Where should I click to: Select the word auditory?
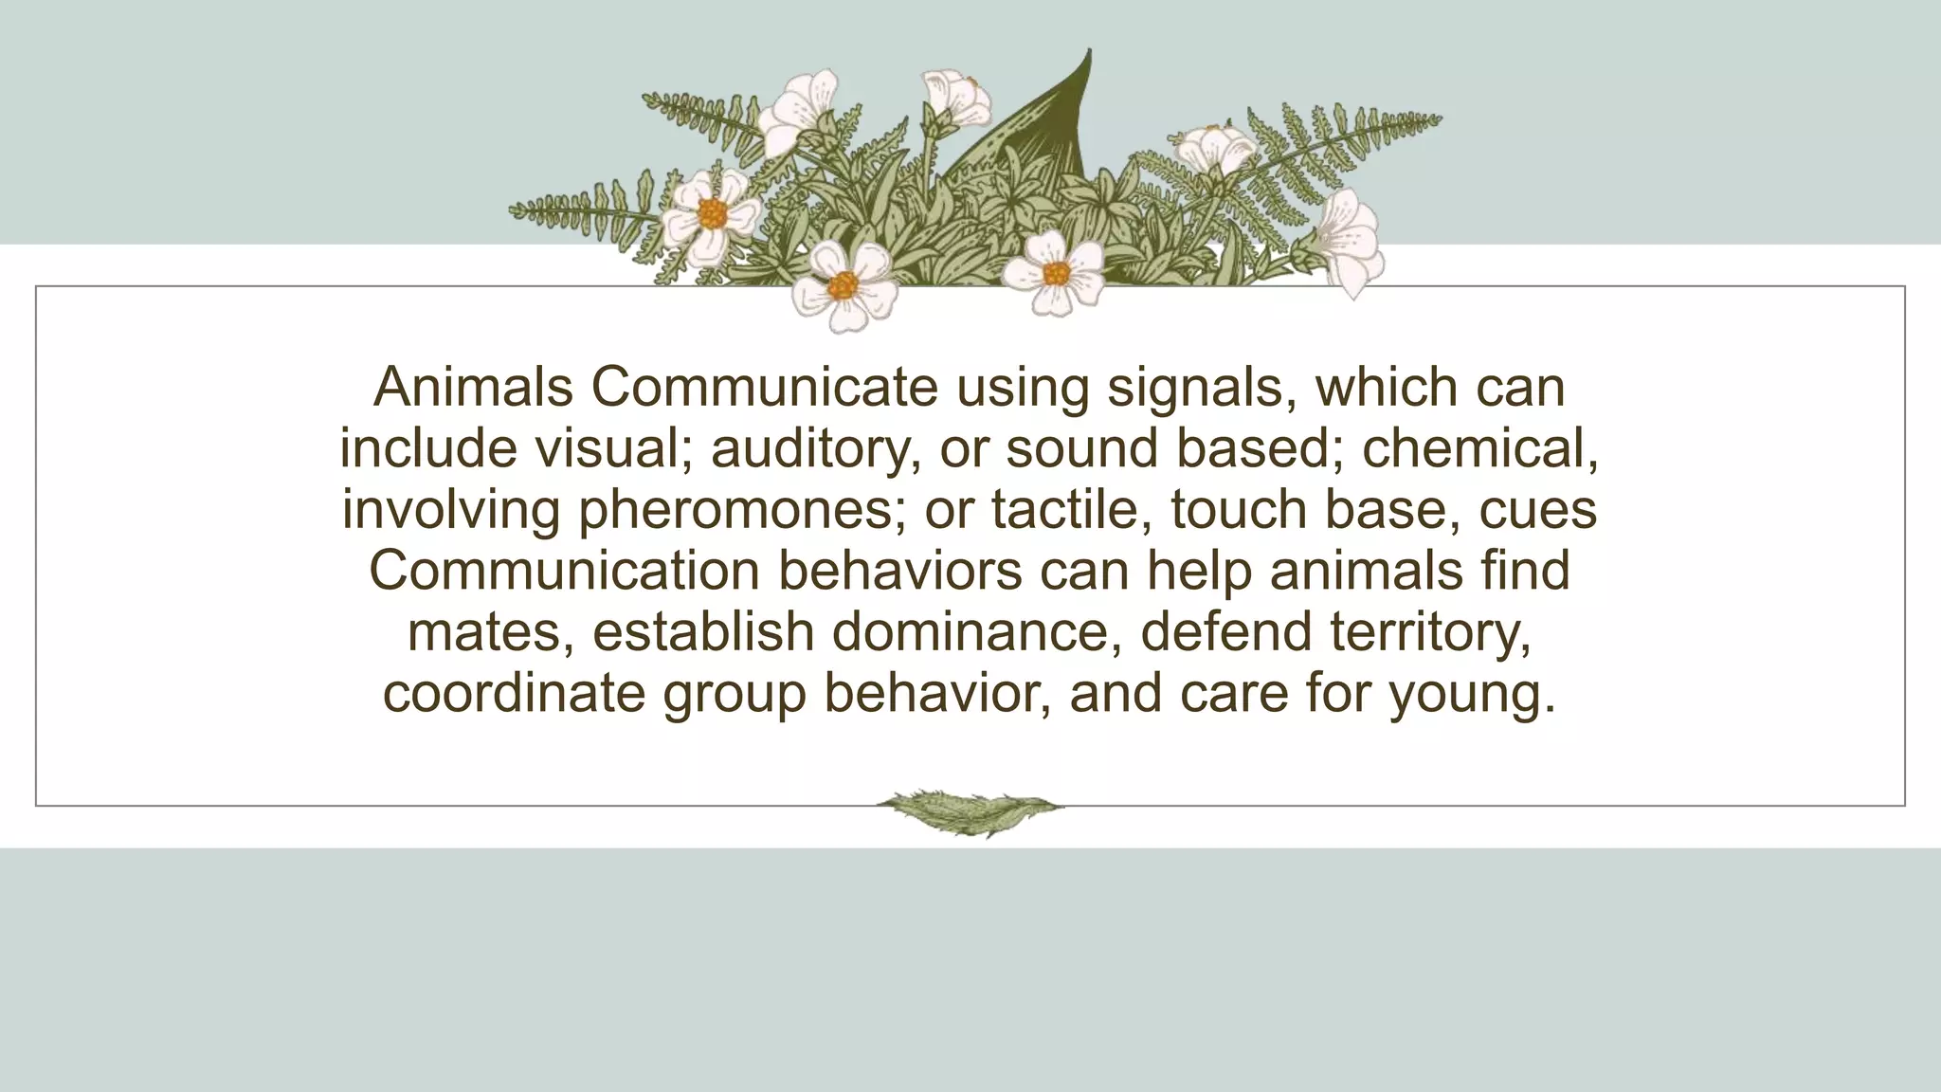coord(815,448)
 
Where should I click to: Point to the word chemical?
coord(1480,448)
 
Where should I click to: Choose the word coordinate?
coord(514,693)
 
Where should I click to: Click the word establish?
coord(703,632)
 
